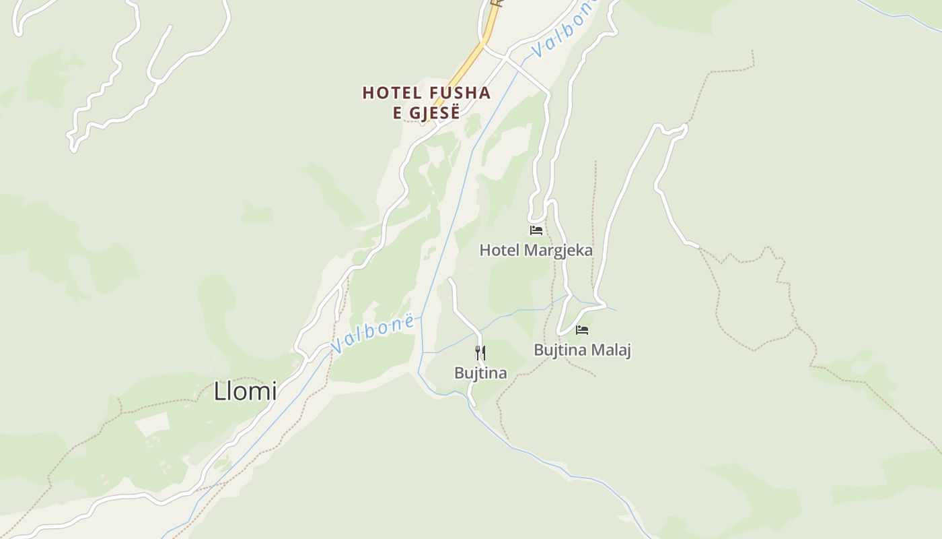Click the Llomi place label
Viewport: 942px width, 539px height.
click(245, 391)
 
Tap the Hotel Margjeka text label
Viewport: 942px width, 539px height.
click(536, 251)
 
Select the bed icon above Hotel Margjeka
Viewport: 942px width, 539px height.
click(536, 230)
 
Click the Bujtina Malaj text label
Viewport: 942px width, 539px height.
click(582, 350)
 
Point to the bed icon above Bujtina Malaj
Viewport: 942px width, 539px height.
click(582, 330)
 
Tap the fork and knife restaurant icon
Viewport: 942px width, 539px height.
click(480, 353)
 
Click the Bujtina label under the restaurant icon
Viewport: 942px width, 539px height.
click(480, 373)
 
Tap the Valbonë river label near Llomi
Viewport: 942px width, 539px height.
click(372, 334)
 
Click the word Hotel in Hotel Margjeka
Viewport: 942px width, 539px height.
click(499, 251)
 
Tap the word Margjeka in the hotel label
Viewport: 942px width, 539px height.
click(558, 251)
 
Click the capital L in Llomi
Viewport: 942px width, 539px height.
click(219, 391)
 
